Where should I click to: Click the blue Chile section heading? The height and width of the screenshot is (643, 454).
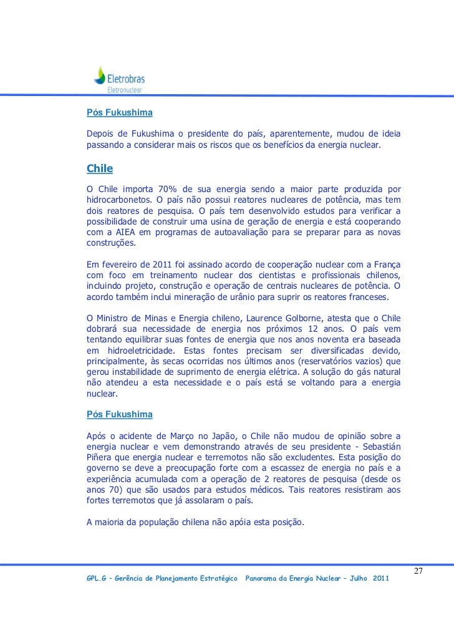(99, 169)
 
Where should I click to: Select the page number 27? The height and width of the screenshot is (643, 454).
(419, 572)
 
